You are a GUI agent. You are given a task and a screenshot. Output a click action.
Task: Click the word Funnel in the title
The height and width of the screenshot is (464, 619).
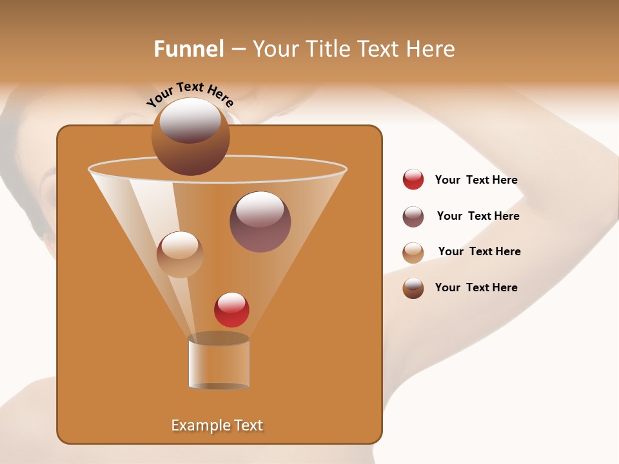coord(189,49)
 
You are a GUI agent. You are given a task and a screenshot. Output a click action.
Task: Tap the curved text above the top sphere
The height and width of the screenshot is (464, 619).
coord(190,94)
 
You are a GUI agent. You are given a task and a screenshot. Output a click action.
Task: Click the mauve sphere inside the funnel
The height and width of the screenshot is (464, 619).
coord(260,222)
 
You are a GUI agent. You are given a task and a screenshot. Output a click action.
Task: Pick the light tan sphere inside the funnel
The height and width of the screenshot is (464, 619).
coord(180,255)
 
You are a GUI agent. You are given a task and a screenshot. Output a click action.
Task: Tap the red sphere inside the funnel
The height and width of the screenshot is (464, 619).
coord(231,310)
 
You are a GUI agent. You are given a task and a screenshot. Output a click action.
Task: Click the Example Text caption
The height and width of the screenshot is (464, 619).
coord(217,425)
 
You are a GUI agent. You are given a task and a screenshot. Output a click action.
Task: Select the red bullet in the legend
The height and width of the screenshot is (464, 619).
coord(413,180)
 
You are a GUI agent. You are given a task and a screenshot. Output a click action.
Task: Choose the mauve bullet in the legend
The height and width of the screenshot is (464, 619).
coord(413,217)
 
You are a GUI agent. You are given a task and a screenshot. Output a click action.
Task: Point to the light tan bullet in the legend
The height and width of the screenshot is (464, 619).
coord(413,253)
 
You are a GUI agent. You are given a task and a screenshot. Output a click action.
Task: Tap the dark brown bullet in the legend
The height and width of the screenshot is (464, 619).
coord(413,288)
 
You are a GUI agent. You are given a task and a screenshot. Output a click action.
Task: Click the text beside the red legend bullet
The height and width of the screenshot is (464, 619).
coord(476,180)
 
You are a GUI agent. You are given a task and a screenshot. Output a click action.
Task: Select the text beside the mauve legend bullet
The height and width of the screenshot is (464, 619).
coord(478,217)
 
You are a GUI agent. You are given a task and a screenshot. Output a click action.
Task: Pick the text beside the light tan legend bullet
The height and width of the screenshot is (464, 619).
coord(479,252)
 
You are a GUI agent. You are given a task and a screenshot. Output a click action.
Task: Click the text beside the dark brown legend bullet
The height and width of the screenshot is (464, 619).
coord(476,287)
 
